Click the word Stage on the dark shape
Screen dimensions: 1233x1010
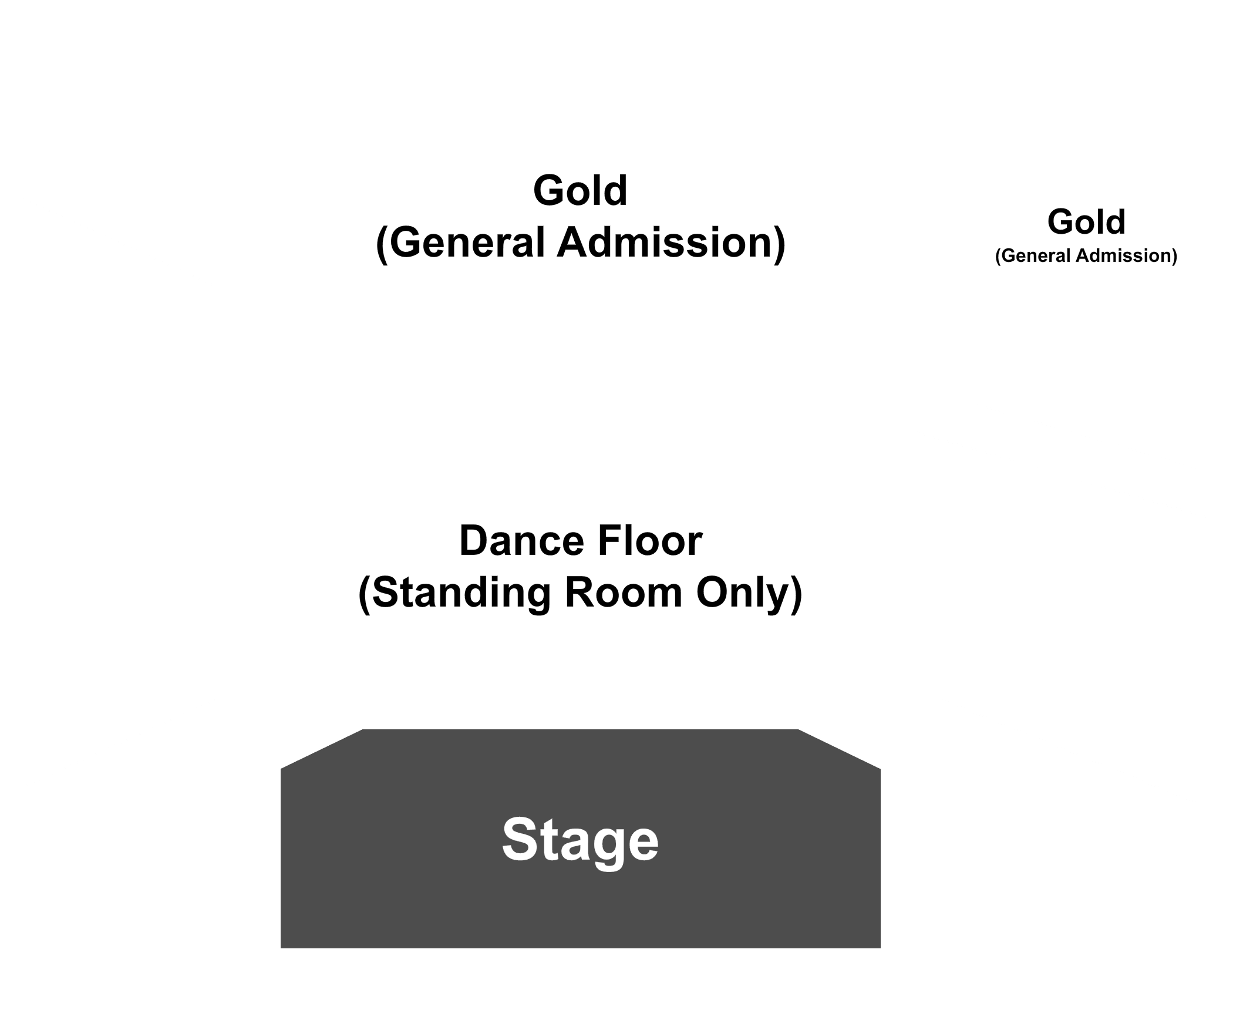click(580, 841)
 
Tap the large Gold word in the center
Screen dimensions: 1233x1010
click(580, 191)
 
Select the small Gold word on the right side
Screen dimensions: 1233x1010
click(1086, 222)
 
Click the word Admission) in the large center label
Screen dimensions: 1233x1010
click(671, 243)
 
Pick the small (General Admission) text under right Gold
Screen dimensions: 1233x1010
click(1086, 256)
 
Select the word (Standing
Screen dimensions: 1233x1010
click(455, 593)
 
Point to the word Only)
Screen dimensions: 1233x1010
click(749, 593)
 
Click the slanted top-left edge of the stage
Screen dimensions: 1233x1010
click(322, 749)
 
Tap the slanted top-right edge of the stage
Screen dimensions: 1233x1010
click(839, 749)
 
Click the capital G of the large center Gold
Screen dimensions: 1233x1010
click(549, 191)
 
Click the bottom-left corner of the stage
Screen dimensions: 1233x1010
click(281, 948)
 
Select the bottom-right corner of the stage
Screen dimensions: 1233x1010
click(881, 948)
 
